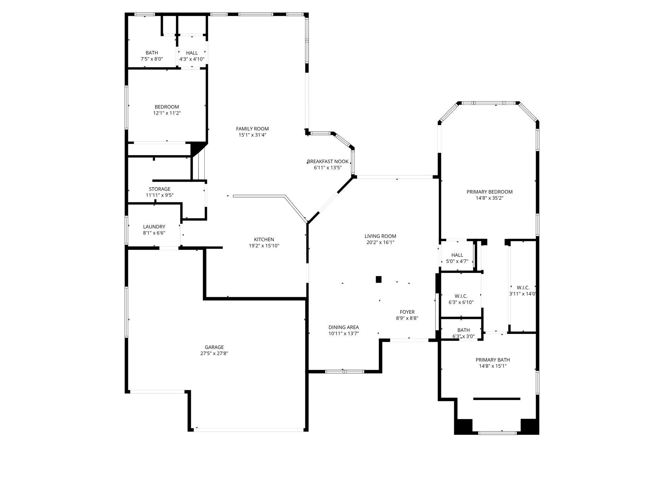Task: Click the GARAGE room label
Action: (x=214, y=347)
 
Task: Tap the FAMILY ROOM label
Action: (x=252, y=129)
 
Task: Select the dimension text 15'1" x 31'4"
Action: (x=252, y=135)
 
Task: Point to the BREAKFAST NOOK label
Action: (x=328, y=161)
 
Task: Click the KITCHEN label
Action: (x=264, y=240)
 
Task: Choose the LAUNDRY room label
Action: (x=154, y=227)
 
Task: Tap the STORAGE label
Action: (x=160, y=189)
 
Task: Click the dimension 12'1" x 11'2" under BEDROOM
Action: (x=167, y=113)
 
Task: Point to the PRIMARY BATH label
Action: (x=492, y=360)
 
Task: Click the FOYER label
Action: (x=407, y=312)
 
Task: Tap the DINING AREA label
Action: (x=343, y=327)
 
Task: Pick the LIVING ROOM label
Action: (x=380, y=236)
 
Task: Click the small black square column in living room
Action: (x=378, y=279)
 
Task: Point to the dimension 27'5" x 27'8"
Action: (x=214, y=353)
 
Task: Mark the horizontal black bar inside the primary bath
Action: (x=497, y=399)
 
